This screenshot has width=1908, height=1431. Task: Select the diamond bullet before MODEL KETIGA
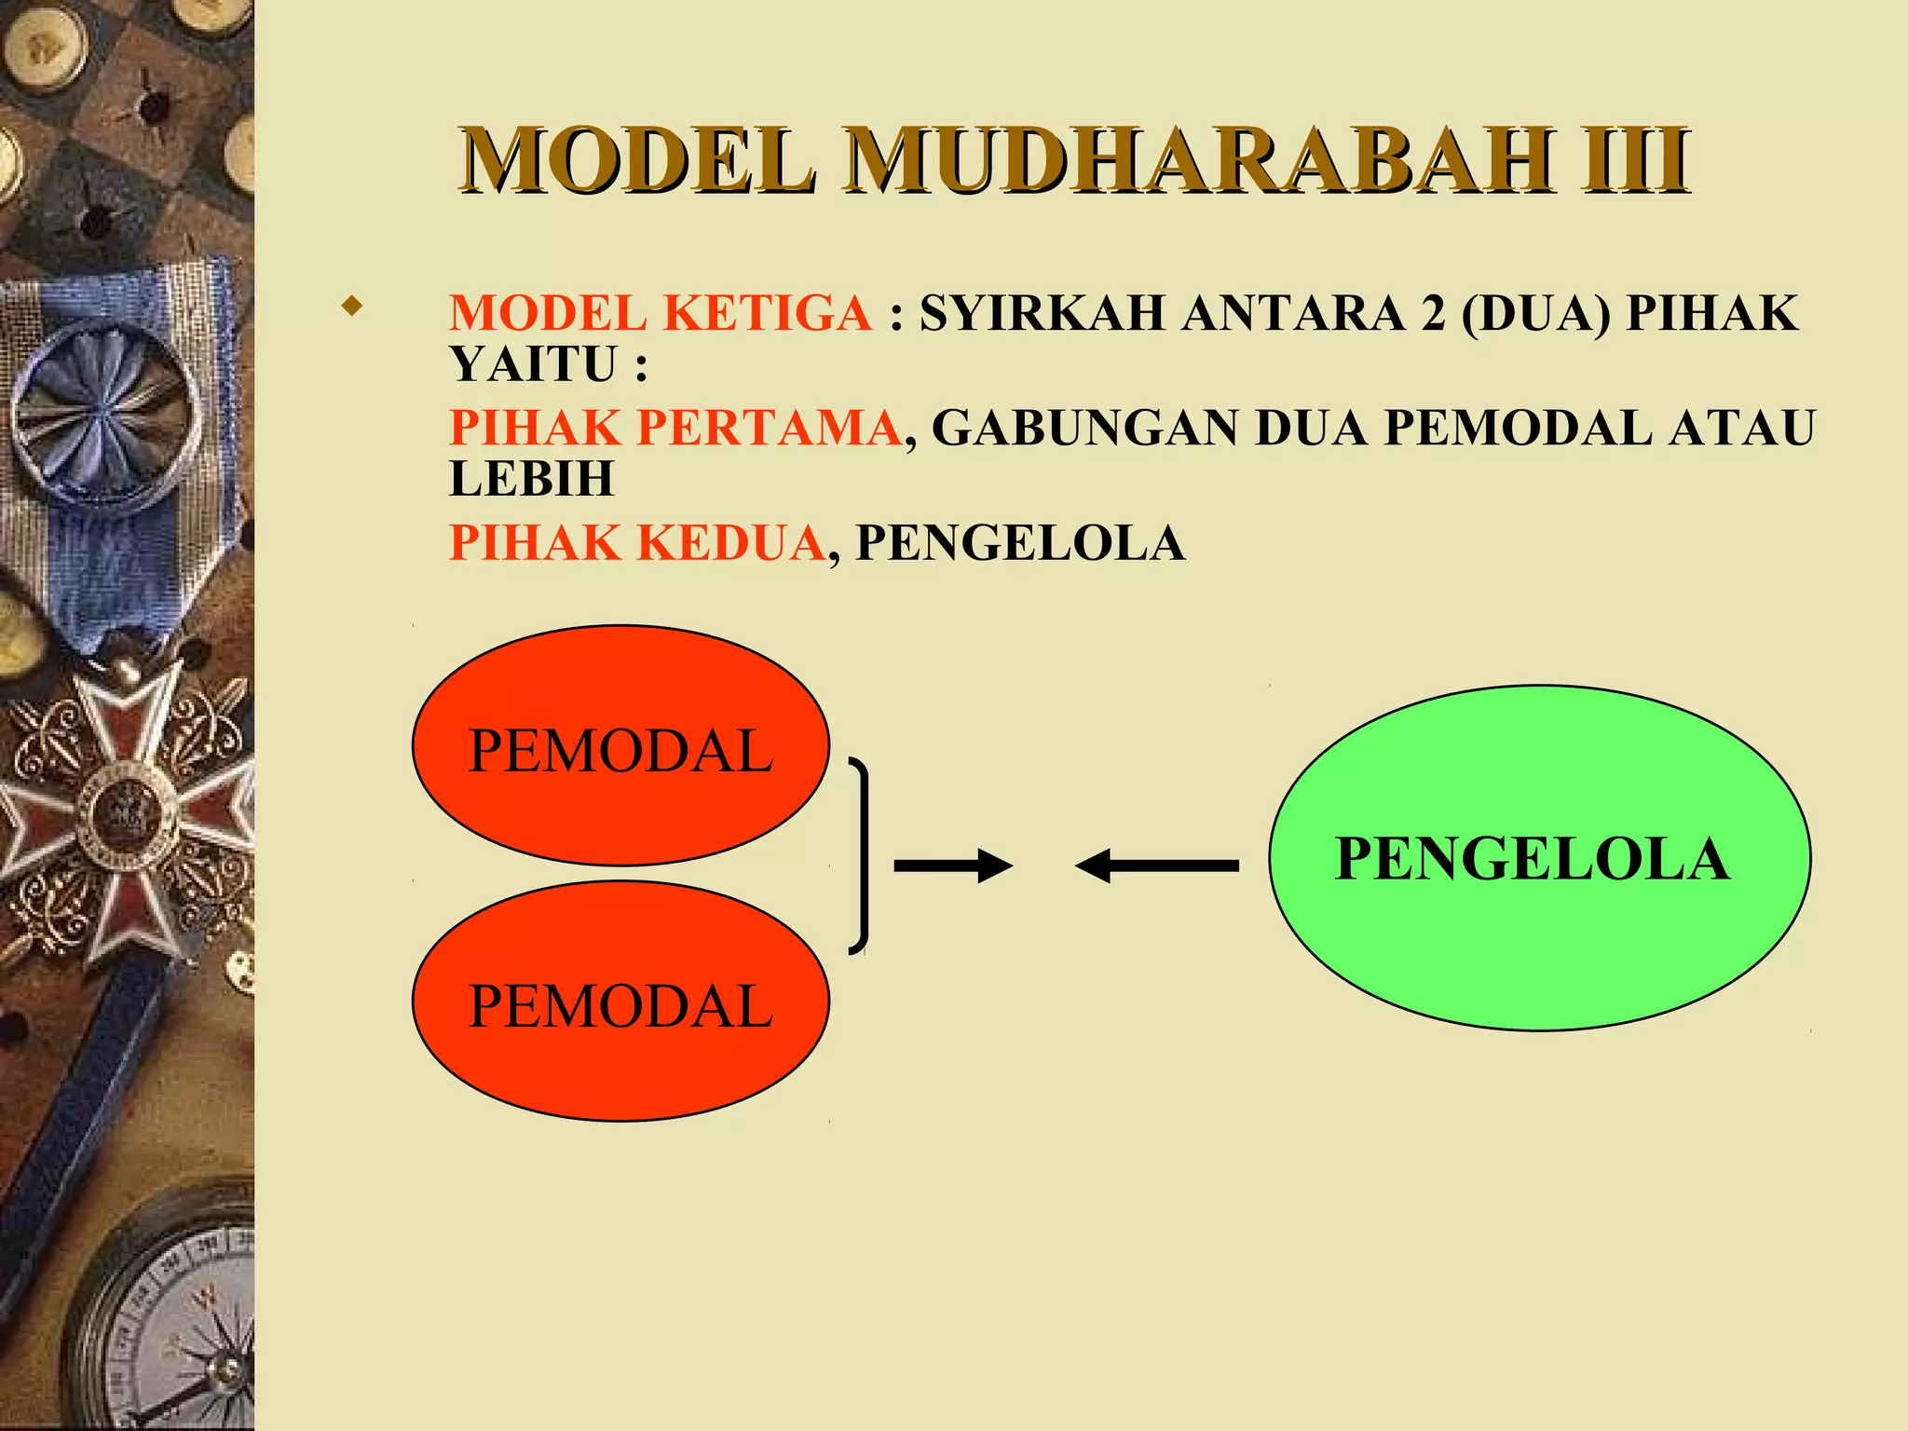tap(351, 306)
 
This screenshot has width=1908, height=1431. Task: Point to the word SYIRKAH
tap(1042, 313)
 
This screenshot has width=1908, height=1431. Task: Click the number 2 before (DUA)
tap(1432, 313)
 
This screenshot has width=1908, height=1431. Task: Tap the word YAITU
tap(534, 363)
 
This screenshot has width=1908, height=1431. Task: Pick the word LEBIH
tap(532, 479)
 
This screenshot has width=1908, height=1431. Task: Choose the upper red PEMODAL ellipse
tap(620, 745)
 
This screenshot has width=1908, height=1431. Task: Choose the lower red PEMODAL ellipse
tap(620, 1002)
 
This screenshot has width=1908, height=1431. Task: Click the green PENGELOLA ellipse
tap(1539, 857)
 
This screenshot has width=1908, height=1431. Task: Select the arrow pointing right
tap(952, 865)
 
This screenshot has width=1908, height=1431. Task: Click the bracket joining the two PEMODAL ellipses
tap(863, 856)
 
